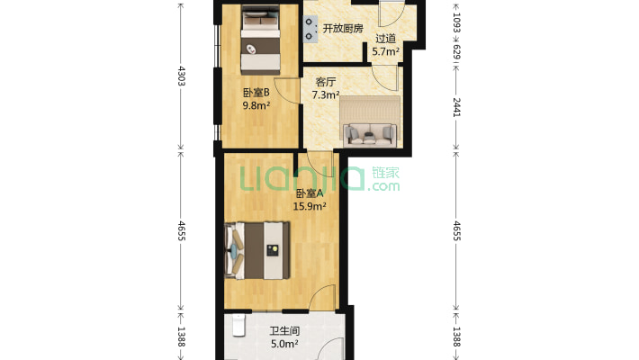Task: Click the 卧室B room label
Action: [256, 91]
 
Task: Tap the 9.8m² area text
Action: [256, 103]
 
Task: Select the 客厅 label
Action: [324, 81]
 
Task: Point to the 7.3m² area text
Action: [325, 94]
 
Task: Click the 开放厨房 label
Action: [343, 29]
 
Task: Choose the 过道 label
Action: [385, 39]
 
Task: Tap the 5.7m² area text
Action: [385, 52]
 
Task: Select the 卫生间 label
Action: [284, 330]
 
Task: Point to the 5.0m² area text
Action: [284, 343]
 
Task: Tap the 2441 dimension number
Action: [456, 108]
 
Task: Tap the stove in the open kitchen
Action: [311, 26]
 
